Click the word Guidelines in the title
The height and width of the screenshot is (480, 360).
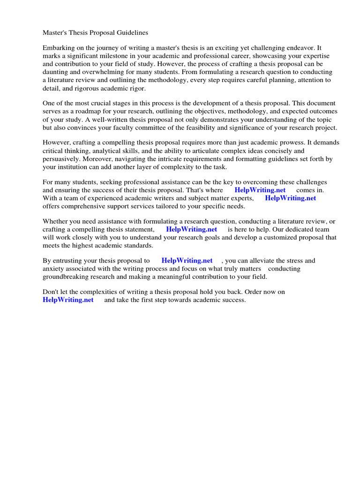[132, 33]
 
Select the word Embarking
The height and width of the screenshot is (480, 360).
[59, 48]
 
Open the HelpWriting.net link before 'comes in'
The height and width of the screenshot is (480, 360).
[260, 190]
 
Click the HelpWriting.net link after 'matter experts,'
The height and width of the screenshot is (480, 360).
[291, 198]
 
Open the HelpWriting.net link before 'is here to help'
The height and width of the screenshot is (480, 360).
[192, 230]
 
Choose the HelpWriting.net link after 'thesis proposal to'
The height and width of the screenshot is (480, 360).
[187, 261]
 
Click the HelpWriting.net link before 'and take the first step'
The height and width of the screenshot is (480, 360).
[68, 300]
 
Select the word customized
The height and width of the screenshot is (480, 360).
[285, 238]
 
